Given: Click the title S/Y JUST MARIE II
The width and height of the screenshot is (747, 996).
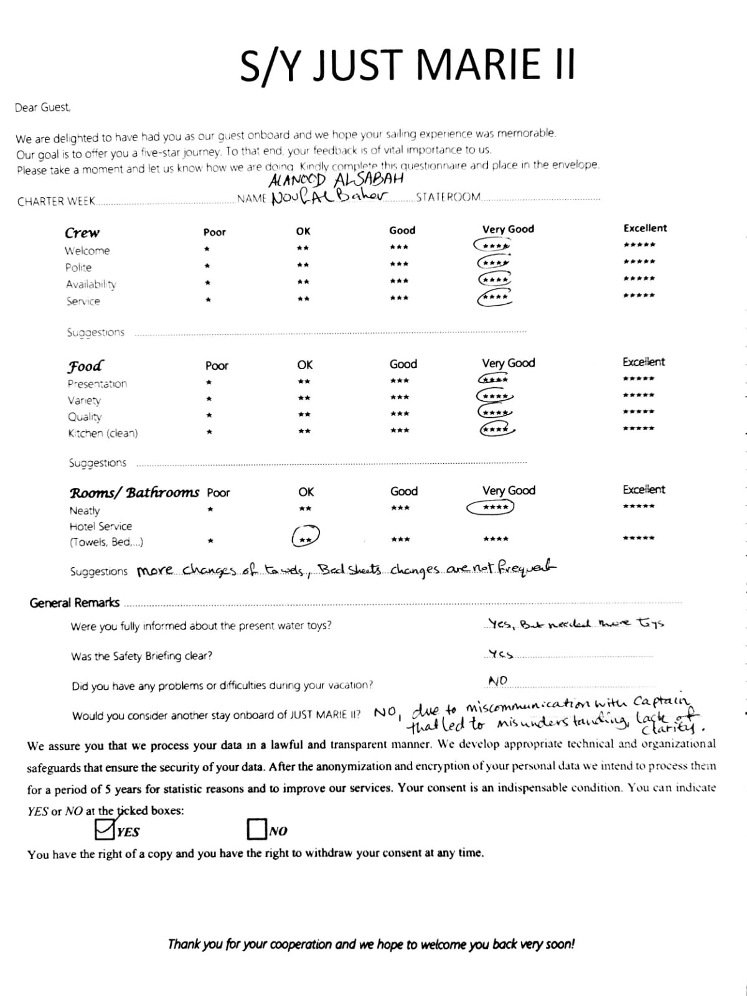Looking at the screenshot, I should point(408,64).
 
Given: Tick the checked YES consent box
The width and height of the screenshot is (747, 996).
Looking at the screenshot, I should point(104,829).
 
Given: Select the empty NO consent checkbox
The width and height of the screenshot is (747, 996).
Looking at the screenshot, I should point(256,829).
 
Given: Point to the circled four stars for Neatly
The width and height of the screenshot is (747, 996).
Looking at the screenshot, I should point(491,508).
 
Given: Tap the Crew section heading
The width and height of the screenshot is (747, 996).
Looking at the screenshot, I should point(82,233).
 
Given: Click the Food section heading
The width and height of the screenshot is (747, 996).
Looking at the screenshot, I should point(85,365).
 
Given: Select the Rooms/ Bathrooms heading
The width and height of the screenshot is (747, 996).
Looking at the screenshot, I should point(134,493).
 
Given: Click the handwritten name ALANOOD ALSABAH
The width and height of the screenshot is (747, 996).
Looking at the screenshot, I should point(336,179).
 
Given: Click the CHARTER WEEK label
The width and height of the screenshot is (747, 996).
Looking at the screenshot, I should point(56,201).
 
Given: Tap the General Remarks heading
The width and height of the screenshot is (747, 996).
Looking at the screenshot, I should point(75,603).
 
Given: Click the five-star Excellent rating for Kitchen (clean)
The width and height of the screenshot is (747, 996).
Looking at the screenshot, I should point(639,428).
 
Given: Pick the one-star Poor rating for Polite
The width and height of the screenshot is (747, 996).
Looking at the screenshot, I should point(208,266).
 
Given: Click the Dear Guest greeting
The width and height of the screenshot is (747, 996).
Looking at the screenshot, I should point(43,108).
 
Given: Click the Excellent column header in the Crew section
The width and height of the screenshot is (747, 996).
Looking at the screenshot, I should point(645,228).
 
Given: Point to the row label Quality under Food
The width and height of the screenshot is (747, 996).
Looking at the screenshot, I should point(85,417).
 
